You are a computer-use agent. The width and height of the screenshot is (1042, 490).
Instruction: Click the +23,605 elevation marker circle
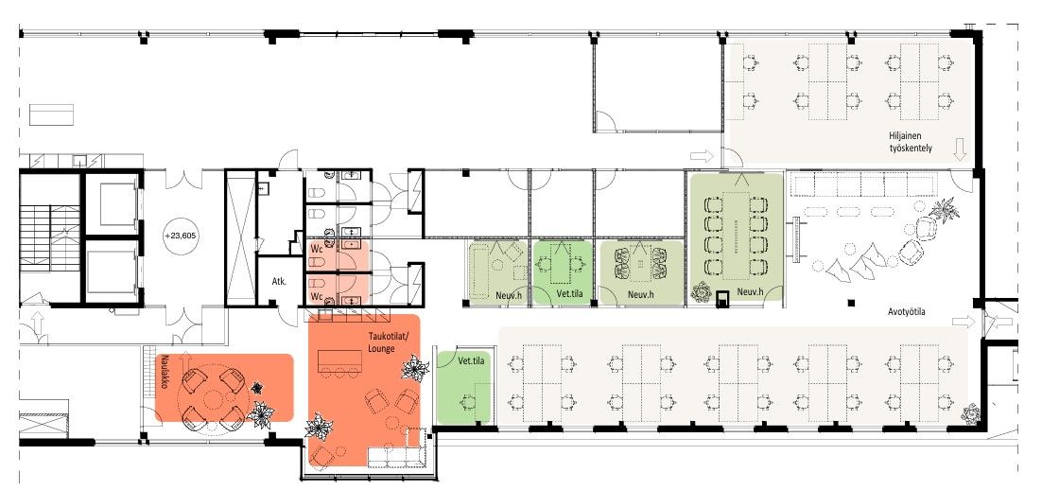(x=176, y=236)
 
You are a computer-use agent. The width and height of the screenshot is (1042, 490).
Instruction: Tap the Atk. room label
(x=279, y=282)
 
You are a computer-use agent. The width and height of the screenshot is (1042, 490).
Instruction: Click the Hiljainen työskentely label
(x=911, y=142)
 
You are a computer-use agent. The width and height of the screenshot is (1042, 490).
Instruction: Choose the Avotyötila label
(x=907, y=312)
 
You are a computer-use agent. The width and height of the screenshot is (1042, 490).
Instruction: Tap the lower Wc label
(x=317, y=295)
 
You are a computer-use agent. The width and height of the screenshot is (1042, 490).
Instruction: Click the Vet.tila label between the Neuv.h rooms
(x=563, y=293)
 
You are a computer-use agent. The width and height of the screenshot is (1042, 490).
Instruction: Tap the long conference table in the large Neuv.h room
(x=736, y=236)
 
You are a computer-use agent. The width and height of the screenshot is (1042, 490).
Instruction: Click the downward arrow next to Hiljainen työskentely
(x=959, y=149)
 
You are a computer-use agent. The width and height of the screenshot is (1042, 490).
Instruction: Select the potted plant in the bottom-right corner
(x=971, y=414)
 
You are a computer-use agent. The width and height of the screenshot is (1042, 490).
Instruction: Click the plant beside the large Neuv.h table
(x=701, y=291)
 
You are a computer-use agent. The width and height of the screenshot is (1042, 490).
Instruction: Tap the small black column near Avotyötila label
(x=851, y=304)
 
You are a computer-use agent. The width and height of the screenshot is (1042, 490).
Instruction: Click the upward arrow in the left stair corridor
(x=38, y=324)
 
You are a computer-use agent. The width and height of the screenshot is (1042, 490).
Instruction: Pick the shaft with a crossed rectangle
(x=240, y=237)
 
